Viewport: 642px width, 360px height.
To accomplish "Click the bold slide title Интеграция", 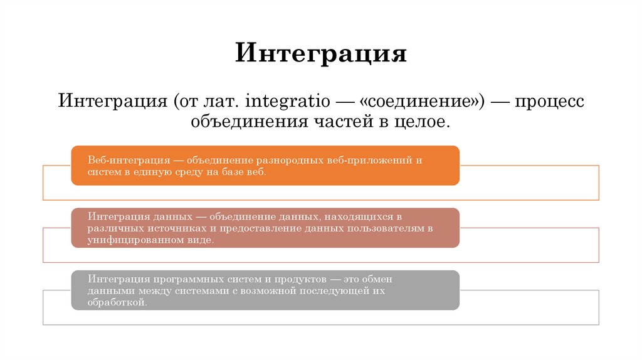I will click(321, 54).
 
